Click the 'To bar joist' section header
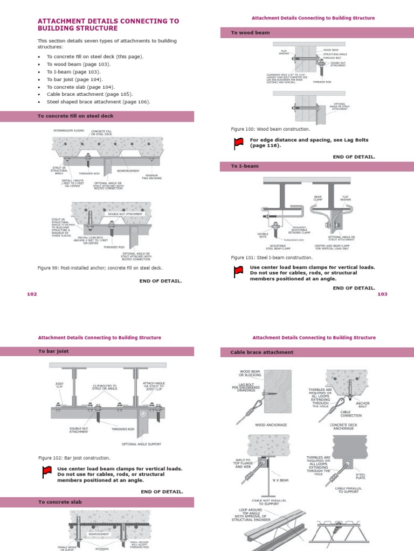click(53, 351)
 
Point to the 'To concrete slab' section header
click(60, 502)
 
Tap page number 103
click(382, 294)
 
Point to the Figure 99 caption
click(100, 267)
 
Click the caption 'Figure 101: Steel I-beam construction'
click(272, 258)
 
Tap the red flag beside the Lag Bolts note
click(238, 143)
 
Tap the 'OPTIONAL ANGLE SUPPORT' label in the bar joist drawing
click(141, 444)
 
